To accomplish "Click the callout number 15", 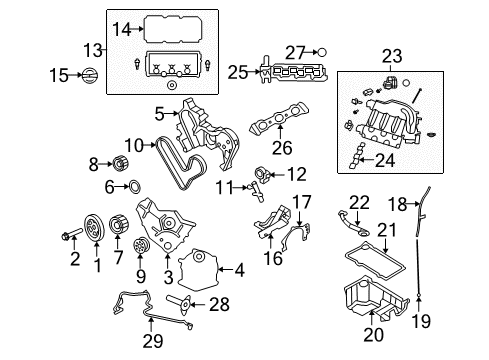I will (x=60, y=75).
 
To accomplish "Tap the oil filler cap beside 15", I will (x=88, y=75).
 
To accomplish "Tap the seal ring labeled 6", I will (x=134, y=185).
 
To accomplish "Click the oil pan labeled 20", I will (x=381, y=300).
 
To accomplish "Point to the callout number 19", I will (x=422, y=322).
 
